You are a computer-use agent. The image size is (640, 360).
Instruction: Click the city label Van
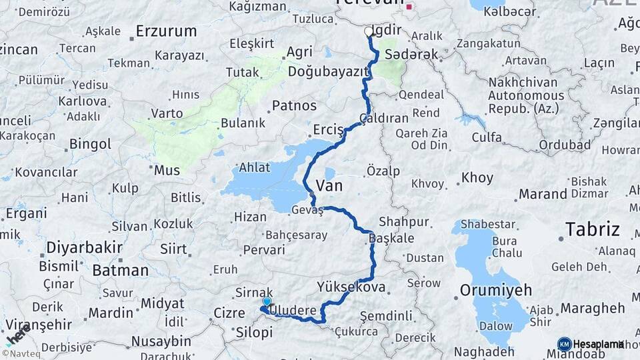[x=329, y=185]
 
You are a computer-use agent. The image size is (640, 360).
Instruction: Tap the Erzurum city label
[x=166, y=31]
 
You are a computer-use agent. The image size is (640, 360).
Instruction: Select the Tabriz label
[x=593, y=229]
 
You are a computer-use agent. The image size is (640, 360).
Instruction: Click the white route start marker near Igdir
[x=369, y=31]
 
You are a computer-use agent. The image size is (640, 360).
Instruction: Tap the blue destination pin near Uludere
[x=267, y=302]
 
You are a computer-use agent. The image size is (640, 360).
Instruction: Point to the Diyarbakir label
[x=84, y=247]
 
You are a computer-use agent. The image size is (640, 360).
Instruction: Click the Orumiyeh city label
[x=496, y=290]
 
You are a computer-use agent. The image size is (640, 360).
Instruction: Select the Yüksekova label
[x=351, y=287]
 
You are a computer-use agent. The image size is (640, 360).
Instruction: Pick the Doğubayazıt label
[x=329, y=71]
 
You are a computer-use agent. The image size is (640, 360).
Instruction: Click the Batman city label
[x=120, y=270]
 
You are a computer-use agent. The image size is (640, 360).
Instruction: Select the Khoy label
[x=477, y=178]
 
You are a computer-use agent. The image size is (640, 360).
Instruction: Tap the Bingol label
[x=90, y=144]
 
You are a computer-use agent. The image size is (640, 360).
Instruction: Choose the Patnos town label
[x=294, y=105]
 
